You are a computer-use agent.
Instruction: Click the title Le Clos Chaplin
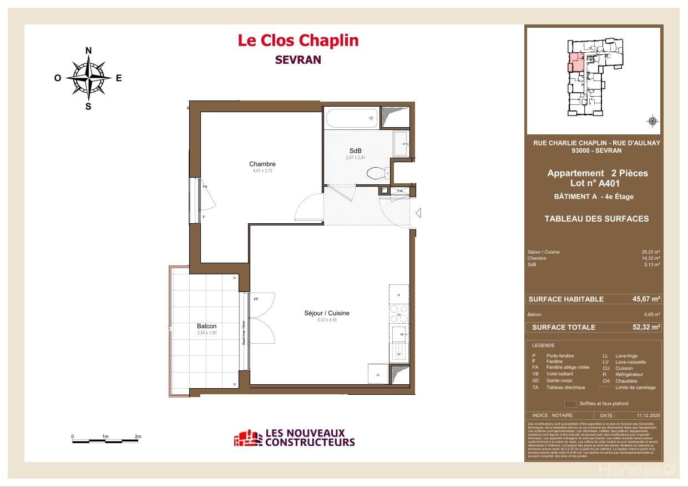tap(298, 41)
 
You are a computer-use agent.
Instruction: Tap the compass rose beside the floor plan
tap(88, 78)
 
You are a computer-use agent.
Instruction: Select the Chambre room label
tap(262, 164)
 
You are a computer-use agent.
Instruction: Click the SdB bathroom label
tap(355, 151)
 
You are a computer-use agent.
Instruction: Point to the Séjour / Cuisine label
tap(327, 313)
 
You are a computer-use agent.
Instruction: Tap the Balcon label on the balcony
tap(206, 326)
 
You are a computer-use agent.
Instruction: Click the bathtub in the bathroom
tap(352, 118)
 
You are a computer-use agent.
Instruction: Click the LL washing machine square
tap(378, 374)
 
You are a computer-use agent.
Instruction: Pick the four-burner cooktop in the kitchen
tap(399, 315)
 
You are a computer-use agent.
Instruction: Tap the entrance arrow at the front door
tap(419, 212)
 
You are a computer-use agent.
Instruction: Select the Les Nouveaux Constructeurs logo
tap(294, 438)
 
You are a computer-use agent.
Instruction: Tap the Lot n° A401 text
tap(595, 183)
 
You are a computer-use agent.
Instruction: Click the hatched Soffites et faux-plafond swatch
tap(570, 404)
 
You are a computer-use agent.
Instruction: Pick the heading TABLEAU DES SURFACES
tap(596, 219)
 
